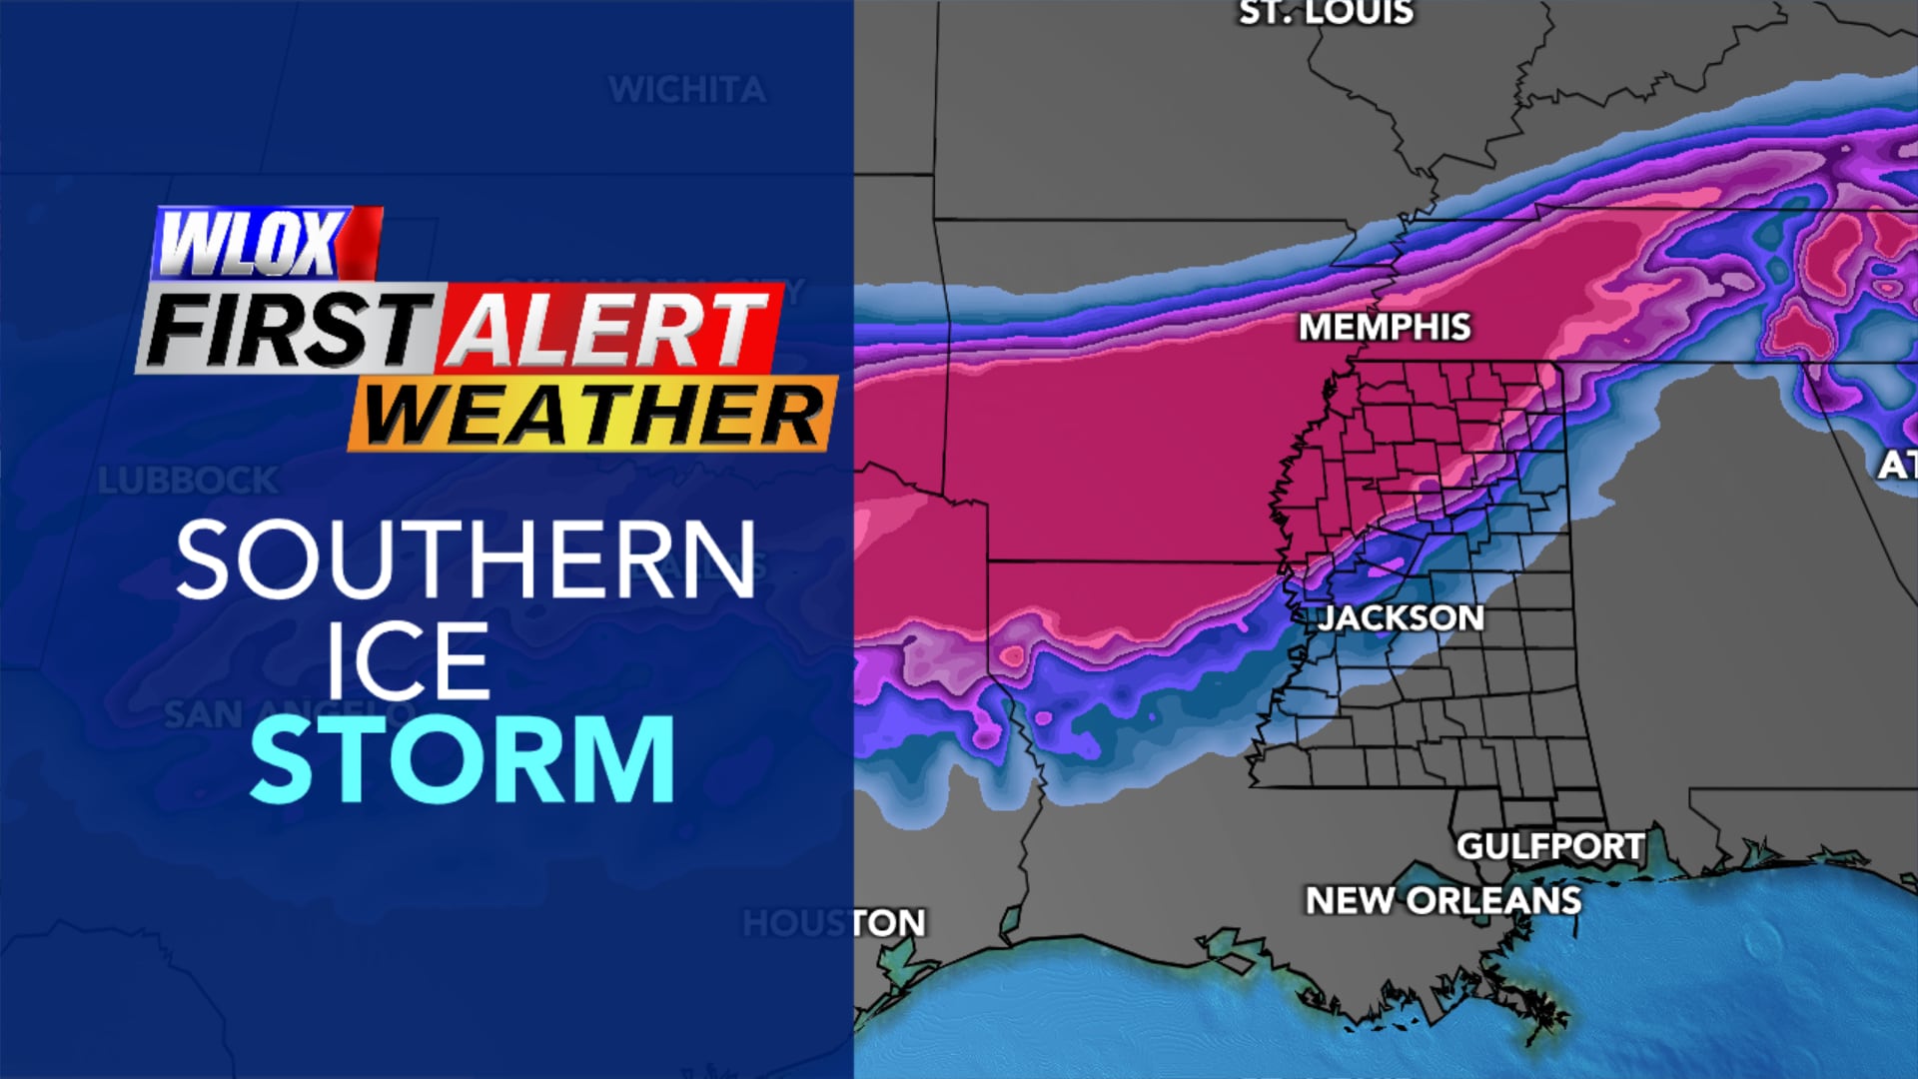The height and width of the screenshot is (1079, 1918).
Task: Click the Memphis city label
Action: tap(1385, 327)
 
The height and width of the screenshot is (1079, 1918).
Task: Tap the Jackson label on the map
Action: tap(1401, 617)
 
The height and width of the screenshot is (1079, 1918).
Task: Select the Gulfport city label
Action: tap(1549, 846)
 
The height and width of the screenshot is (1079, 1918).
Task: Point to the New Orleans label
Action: tap(1443, 900)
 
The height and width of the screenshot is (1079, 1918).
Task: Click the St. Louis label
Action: tap(1326, 12)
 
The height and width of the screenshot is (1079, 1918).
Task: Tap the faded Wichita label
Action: tap(687, 90)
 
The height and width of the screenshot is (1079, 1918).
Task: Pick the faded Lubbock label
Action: tap(188, 481)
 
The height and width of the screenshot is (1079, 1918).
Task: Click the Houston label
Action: tap(834, 922)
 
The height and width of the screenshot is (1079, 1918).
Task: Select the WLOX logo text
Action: tap(250, 244)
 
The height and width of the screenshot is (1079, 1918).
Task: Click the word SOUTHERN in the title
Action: tap(466, 559)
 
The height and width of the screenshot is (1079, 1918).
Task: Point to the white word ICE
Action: tap(408, 661)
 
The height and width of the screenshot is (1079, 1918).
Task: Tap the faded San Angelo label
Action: tap(290, 714)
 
